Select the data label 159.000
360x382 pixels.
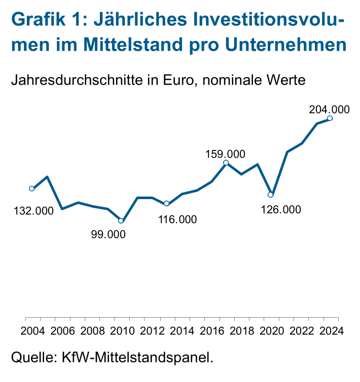click(225, 154)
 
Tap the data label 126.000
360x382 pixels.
click(280, 209)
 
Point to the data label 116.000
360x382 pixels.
click(176, 219)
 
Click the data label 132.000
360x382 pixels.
click(33, 211)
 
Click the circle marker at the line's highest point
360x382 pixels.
click(330, 119)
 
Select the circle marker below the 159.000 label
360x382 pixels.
click(226, 163)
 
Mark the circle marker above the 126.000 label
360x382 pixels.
click(271, 195)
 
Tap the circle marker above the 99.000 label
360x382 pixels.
click(121, 220)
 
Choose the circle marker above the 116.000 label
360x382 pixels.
click(166, 204)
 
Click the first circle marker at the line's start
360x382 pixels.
click(32, 188)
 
